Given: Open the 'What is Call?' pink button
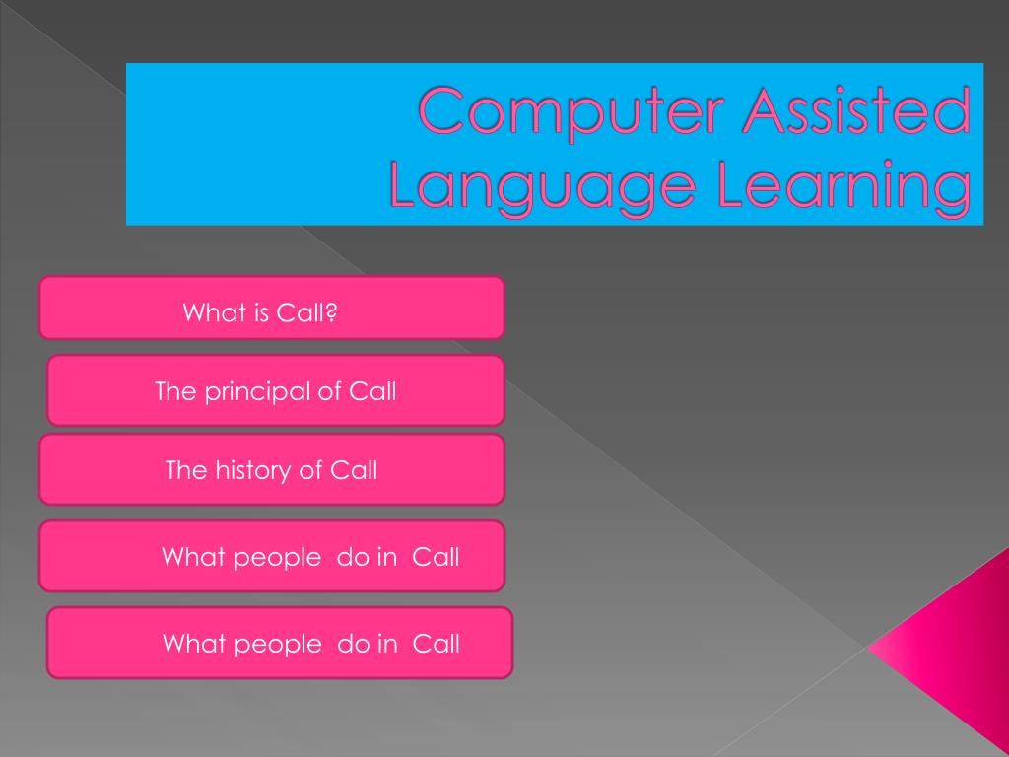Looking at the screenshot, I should (x=271, y=308).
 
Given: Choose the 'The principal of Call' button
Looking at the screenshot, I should (x=275, y=390).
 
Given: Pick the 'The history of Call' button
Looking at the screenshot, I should (x=271, y=469).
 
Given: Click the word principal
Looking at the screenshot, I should (x=256, y=391).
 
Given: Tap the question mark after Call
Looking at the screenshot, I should (x=332, y=313).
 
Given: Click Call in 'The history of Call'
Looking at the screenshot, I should (x=354, y=470).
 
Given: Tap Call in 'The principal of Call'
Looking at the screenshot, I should (x=372, y=391).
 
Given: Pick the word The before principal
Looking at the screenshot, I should (x=176, y=391).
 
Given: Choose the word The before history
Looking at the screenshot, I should (x=186, y=470).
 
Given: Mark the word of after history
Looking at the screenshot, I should (x=310, y=470).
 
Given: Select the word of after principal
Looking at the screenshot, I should (x=329, y=391).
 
